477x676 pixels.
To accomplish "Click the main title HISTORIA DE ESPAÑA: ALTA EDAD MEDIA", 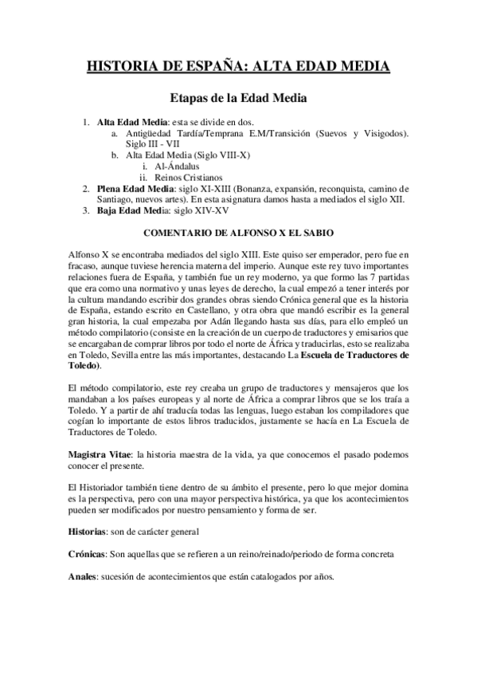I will pyautogui.click(x=238, y=66).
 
